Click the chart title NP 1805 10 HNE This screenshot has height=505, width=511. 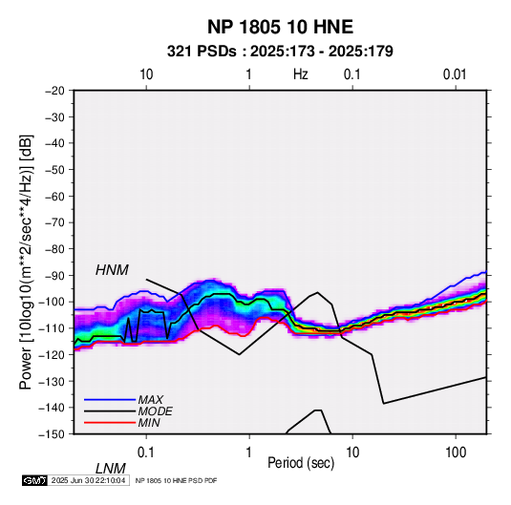pyautogui.click(x=280, y=27)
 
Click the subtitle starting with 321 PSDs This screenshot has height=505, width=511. pyautogui.click(x=280, y=52)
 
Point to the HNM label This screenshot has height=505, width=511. pyautogui.click(x=112, y=270)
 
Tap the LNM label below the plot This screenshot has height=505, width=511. pyautogui.click(x=110, y=469)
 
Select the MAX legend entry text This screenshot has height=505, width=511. pyautogui.click(x=150, y=399)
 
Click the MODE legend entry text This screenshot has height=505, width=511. pyautogui.click(x=155, y=411)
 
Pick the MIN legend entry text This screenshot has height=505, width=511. pyautogui.click(x=149, y=423)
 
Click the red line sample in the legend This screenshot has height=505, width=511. pyautogui.click(x=110, y=423)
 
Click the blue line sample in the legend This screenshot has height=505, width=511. pyautogui.click(x=110, y=399)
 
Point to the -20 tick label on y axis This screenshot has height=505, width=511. pyautogui.click(x=54, y=91)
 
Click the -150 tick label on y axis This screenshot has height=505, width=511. pyautogui.click(x=52, y=434)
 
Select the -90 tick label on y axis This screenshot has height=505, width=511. pyautogui.click(x=54, y=275)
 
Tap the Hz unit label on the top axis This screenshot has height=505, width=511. pyautogui.click(x=301, y=74)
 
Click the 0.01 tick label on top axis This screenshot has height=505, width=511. pyautogui.click(x=455, y=74)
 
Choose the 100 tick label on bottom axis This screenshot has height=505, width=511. pyautogui.click(x=456, y=452)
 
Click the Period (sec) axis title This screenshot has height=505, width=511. pyautogui.click(x=301, y=463)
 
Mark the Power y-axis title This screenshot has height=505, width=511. pyautogui.click(x=26, y=262)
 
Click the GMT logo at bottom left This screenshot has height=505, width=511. pyautogui.click(x=34, y=480)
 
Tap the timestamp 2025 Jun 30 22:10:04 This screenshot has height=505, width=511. pyautogui.click(x=88, y=480)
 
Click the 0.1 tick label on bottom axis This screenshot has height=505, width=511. pyautogui.click(x=146, y=452)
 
